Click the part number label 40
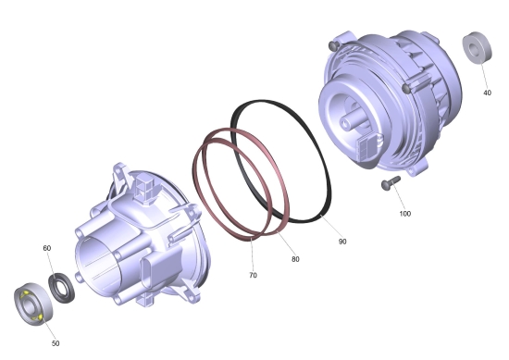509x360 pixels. point(487,93)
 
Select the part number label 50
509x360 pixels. point(56,343)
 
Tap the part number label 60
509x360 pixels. point(47,248)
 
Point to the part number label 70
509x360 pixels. point(253,275)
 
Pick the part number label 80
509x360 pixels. point(295,259)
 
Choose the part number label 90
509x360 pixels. point(342,242)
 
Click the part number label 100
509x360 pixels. point(404,214)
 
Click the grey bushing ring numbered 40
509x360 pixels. point(477,48)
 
